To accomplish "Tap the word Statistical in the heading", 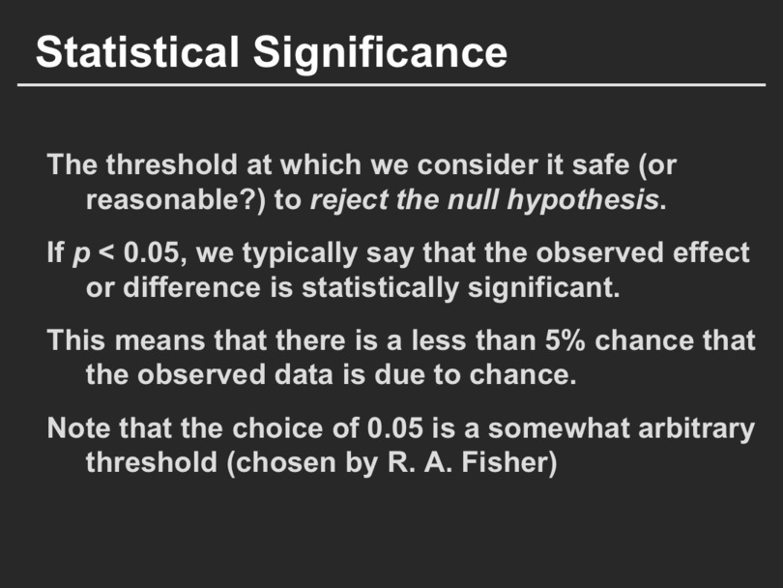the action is click(137, 51).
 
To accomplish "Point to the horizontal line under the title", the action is click(391, 85).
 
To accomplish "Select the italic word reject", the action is click(349, 201).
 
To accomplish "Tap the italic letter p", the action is click(81, 255).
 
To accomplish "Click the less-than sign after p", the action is click(106, 252).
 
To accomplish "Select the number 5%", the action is click(565, 340).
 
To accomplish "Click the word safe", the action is click(600, 163).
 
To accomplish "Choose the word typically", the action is click(300, 254).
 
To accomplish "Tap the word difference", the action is click(191, 287).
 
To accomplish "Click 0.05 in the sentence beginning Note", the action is click(395, 428).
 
